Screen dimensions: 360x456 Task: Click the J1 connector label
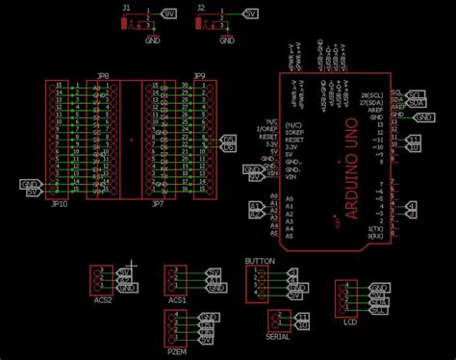(126, 7)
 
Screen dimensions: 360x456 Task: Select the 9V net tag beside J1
(170, 15)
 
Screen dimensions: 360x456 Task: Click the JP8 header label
(103, 75)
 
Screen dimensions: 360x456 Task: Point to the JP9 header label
(199, 75)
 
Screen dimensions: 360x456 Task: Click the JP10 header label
(59, 204)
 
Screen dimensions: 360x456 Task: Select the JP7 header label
(158, 204)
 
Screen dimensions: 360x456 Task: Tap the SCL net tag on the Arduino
(416, 94)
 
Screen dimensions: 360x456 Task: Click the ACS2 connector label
(103, 299)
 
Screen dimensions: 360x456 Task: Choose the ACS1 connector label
(177, 299)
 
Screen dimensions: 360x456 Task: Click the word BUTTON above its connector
(260, 262)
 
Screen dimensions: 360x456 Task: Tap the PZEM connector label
(177, 353)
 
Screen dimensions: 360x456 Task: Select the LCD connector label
(350, 322)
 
